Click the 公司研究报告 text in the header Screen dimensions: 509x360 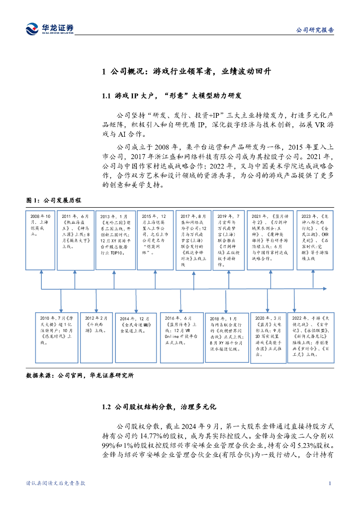point(315,30)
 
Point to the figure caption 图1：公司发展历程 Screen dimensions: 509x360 point(53,200)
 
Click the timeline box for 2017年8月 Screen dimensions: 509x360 point(193,241)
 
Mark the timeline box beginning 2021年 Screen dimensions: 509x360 point(270,241)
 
